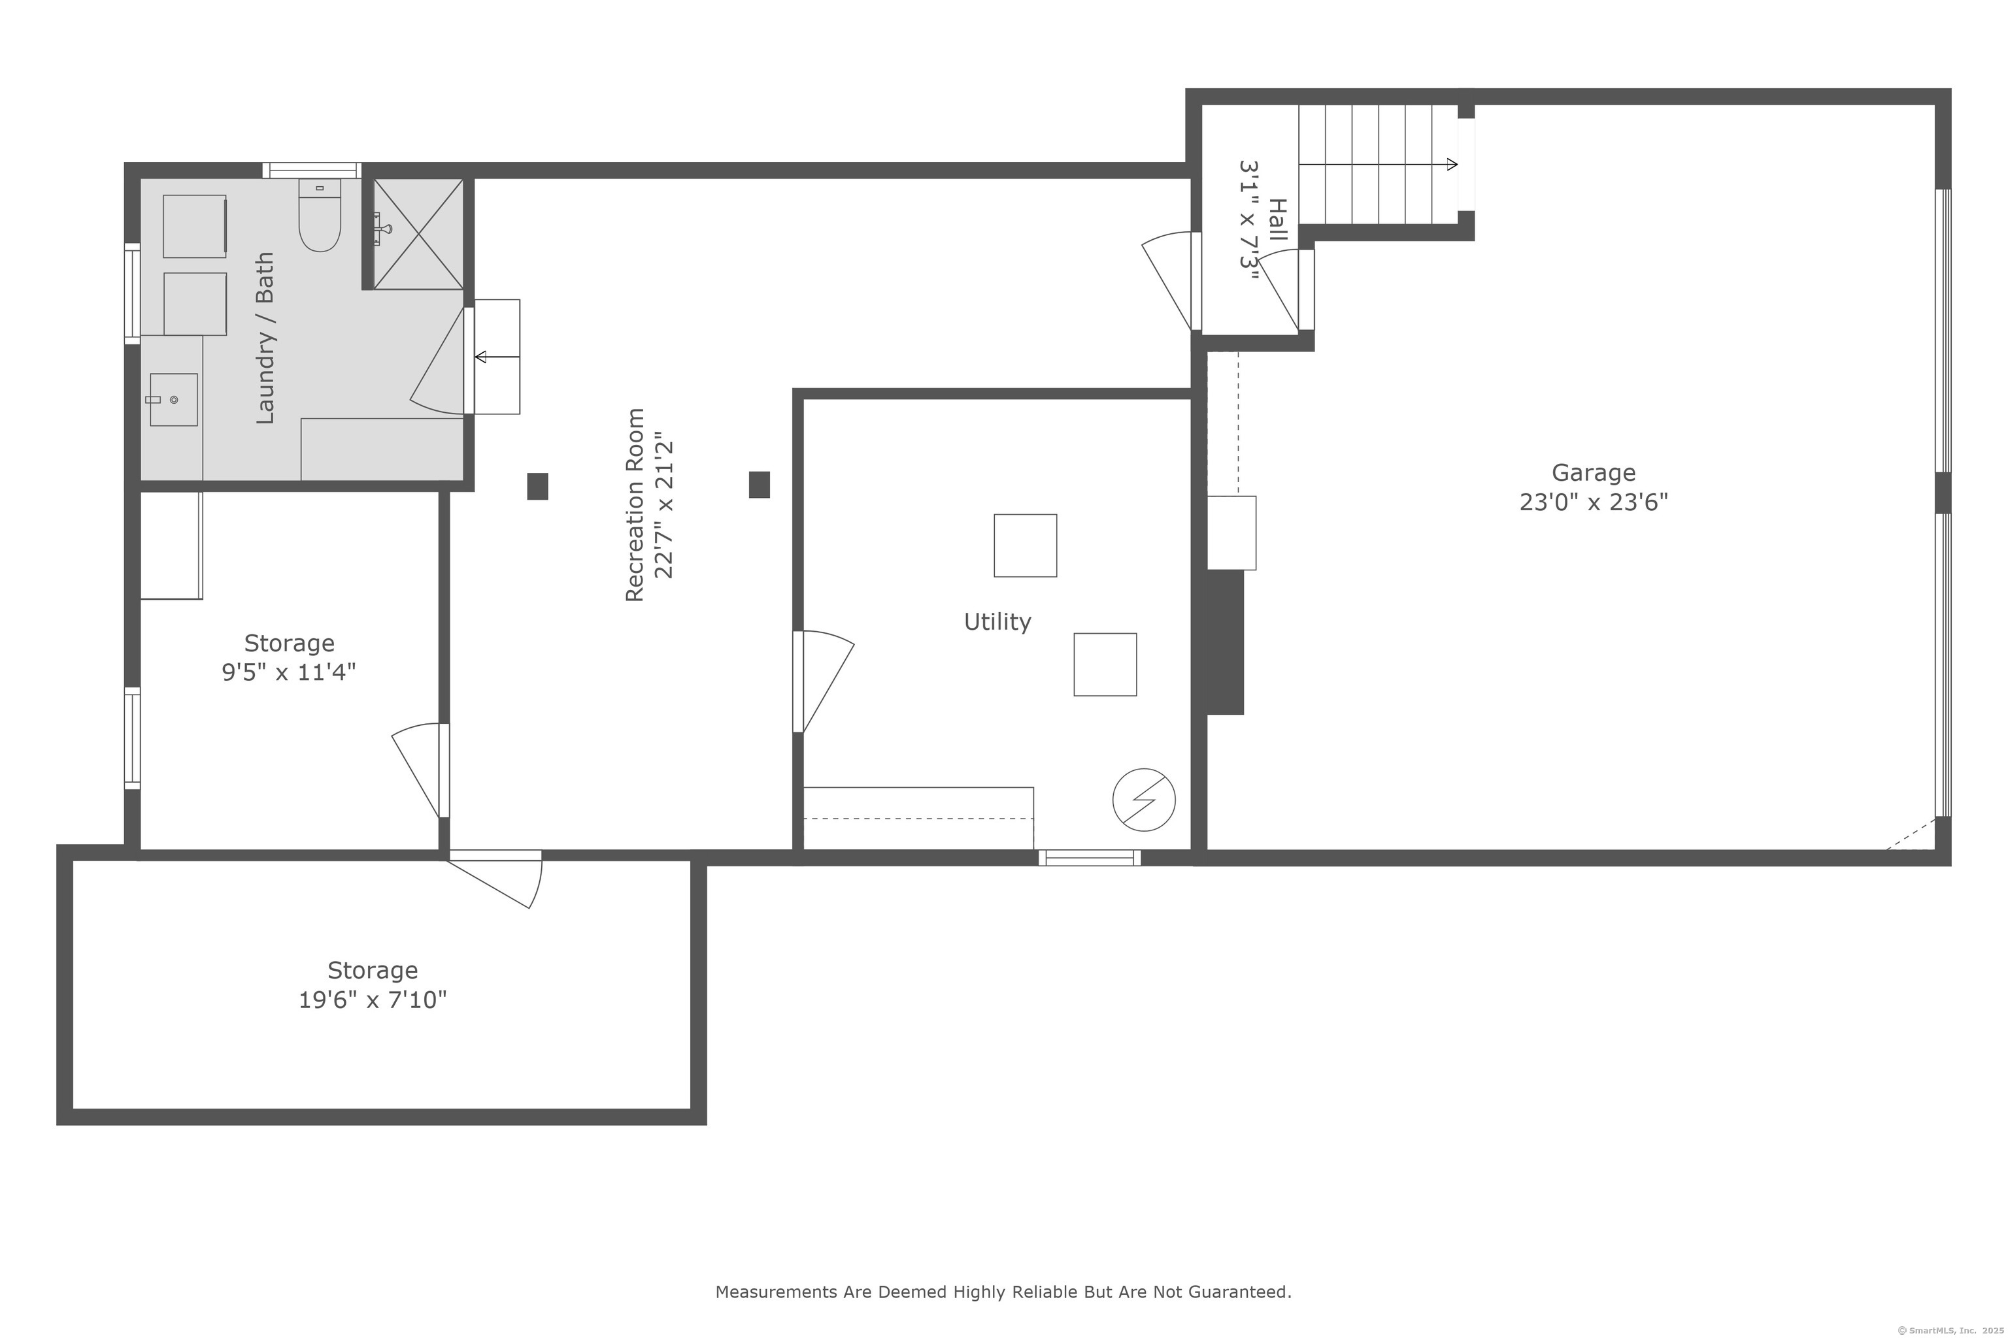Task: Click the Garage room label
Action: pyautogui.click(x=1593, y=474)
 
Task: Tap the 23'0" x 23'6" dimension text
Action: pyautogui.click(x=1593, y=502)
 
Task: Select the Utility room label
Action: pyautogui.click(x=997, y=622)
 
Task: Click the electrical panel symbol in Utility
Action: pyautogui.click(x=1144, y=800)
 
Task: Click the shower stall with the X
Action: pyautogui.click(x=418, y=234)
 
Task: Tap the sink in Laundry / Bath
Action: pyautogui.click(x=173, y=399)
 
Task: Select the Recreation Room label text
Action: pyautogui.click(x=635, y=505)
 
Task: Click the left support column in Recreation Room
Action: pyautogui.click(x=537, y=486)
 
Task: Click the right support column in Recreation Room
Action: pyautogui.click(x=759, y=485)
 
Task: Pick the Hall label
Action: pyautogui.click(x=1278, y=220)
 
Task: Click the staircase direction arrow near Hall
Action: pyautogui.click(x=1378, y=164)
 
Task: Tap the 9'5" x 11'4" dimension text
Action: pyautogui.click(x=288, y=672)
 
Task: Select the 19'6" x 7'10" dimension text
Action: pyautogui.click(x=372, y=999)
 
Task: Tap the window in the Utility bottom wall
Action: pyautogui.click(x=1090, y=858)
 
